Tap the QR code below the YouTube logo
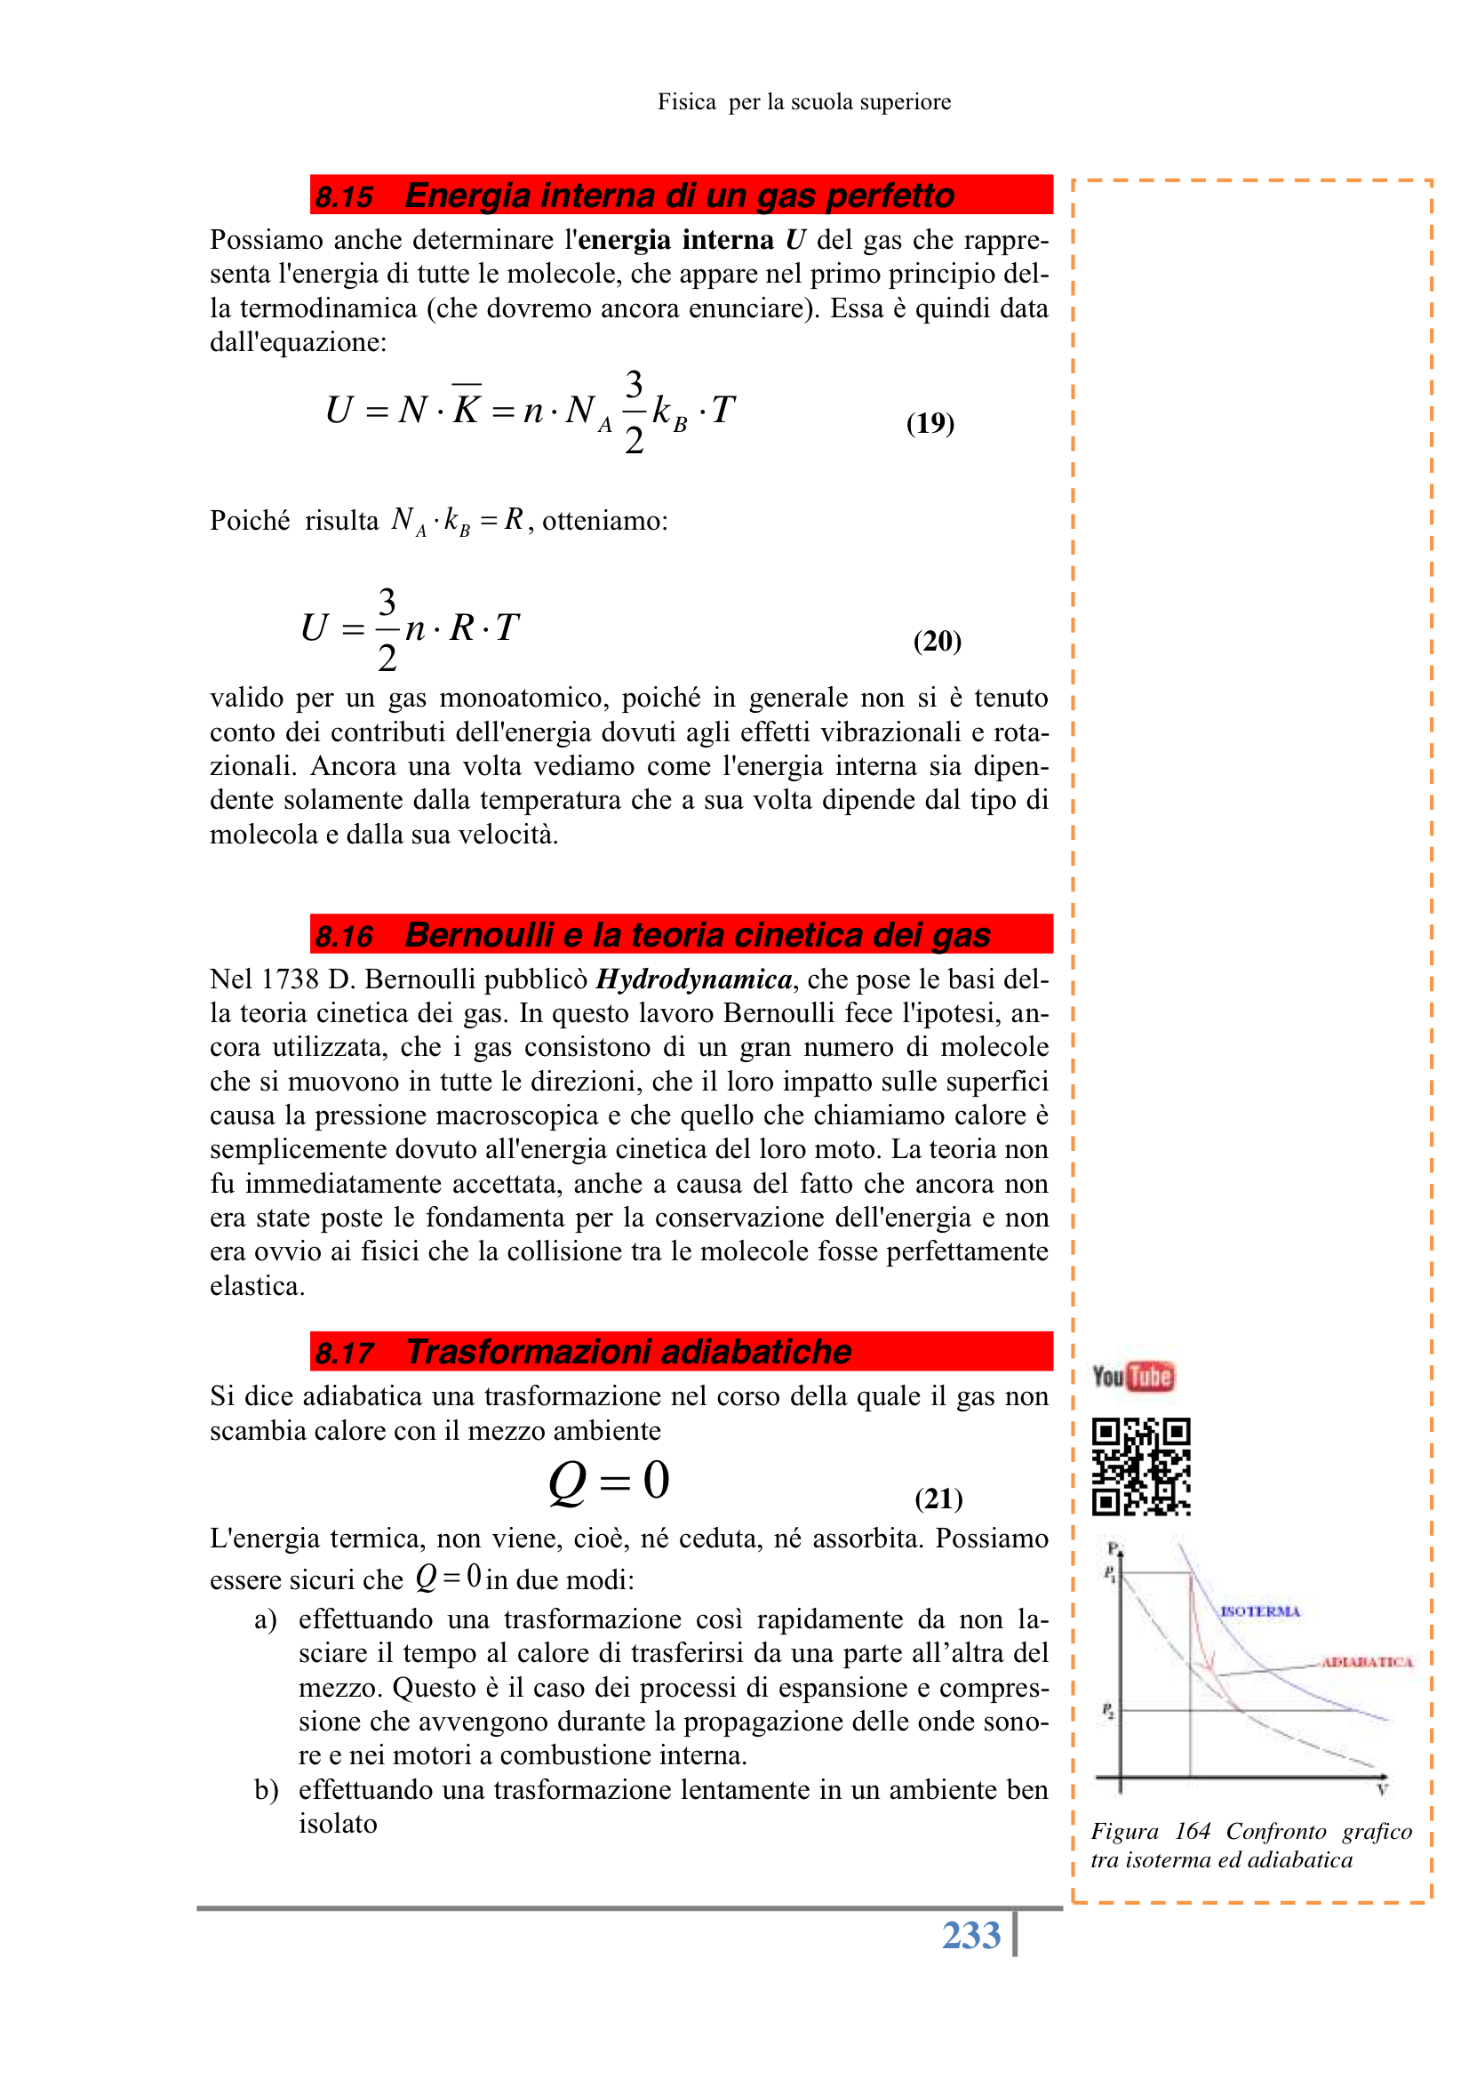pyautogui.click(x=1140, y=1467)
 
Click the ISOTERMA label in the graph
pyautogui.click(x=1259, y=1611)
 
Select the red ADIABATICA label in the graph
pyautogui.click(x=1367, y=1662)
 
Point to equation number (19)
pyautogui.click(x=930, y=423)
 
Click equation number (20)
pyautogui.click(x=936, y=641)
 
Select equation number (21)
pyautogui.click(x=938, y=1499)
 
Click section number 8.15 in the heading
pyautogui.click(x=344, y=196)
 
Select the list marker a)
pyautogui.click(x=264, y=1619)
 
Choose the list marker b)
pyautogui.click(x=265, y=1790)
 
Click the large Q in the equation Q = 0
pyautogui.click(x=568, y=1483)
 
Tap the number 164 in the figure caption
pyautogui.click(x=1192, y=1832)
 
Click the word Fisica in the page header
pyautogui.click(x=686, y=102)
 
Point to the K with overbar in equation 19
pyautogui.click(x=467, y=408)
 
